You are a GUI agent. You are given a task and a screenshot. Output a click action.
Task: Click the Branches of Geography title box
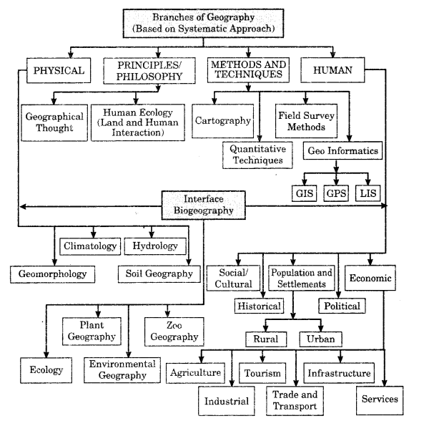(203, 24)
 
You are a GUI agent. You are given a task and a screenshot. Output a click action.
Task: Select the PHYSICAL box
(59, 70)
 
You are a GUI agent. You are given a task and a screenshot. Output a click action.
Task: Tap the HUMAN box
(332, 70)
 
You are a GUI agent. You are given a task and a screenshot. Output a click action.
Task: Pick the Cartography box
(222, 121)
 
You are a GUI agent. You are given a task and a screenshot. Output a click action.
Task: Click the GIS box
(304, 193)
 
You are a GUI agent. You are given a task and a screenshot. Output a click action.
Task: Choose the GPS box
(336, 193)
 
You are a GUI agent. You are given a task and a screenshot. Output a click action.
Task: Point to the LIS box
(368, 193)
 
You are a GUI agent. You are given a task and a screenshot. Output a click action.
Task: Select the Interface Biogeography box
(204, 205)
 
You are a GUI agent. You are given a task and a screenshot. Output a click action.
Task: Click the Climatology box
(90, 246)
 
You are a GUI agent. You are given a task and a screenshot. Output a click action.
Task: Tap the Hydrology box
(155, 246)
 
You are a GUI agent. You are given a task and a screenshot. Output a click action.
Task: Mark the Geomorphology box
(53, 274)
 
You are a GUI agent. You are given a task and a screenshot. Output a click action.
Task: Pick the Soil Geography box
(159, 274)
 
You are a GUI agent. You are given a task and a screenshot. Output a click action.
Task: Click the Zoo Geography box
(174, 332)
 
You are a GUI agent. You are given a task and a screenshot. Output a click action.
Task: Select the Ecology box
(46, 370)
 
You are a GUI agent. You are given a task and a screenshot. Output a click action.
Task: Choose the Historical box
(259, 306)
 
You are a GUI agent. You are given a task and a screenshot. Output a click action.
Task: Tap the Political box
(342, 306)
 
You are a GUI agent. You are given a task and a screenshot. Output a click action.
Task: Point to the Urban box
(320, 339)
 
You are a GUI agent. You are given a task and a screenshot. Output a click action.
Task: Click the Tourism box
(262, 373)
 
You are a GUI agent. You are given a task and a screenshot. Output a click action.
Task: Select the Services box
(380, 400)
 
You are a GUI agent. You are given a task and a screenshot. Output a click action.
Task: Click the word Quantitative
(257, 149)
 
